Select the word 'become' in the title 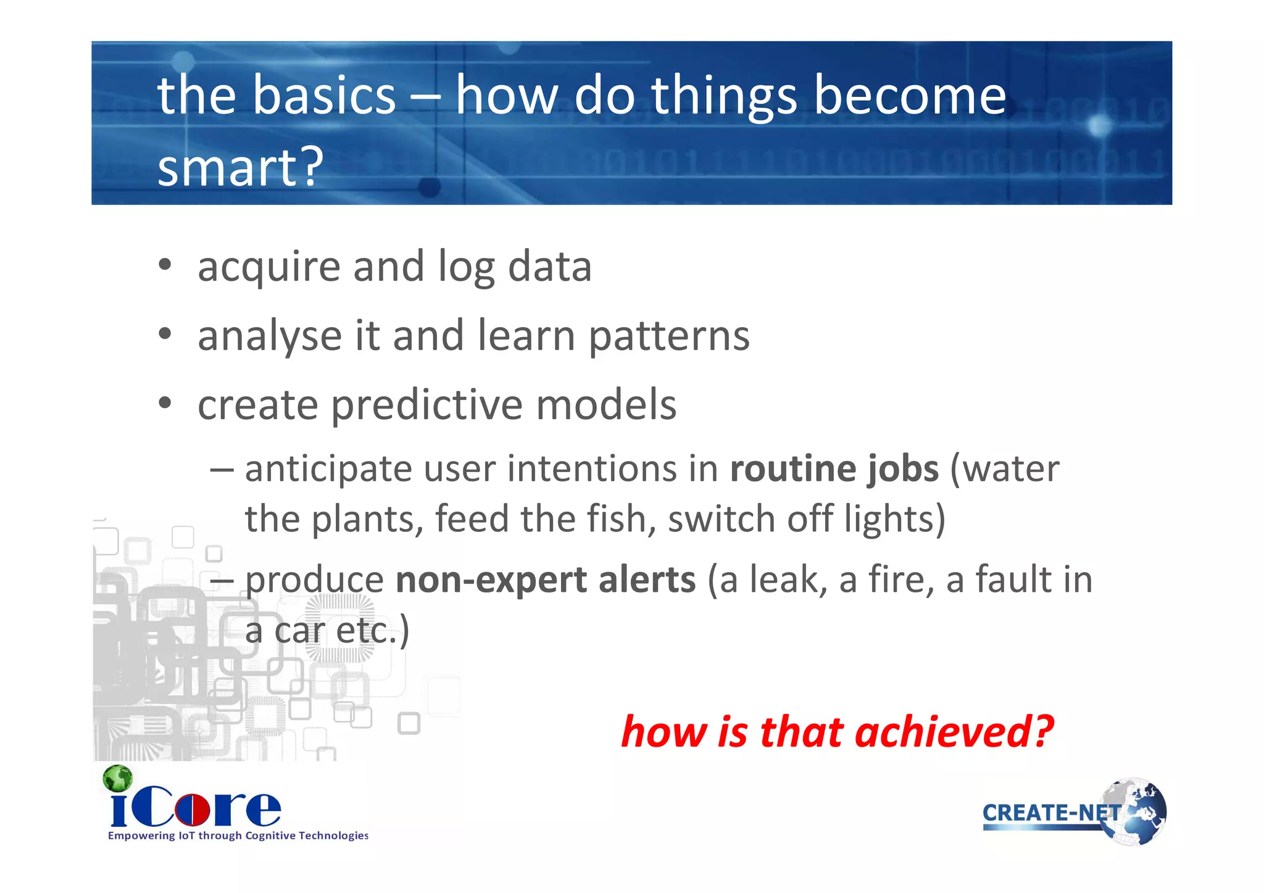[910, 96]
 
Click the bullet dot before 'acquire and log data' [164, 265]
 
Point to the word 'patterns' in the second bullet [669, 336]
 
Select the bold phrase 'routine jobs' [834, 469]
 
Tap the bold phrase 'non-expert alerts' [546, 580]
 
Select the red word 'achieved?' [954, 732]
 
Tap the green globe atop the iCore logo [118, 779]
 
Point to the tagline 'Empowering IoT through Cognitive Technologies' [238, 836]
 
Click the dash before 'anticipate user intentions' [222, 470]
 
